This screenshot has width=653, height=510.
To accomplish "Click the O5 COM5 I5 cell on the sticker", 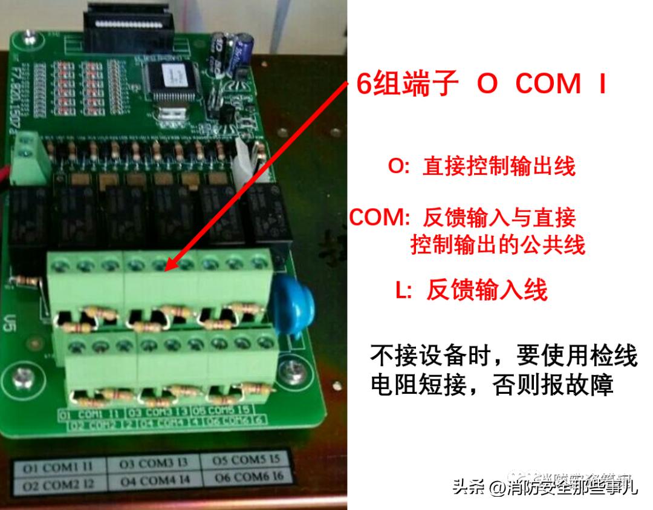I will tap(246, 460).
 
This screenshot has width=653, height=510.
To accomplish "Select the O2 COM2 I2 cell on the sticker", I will tap(59, 485).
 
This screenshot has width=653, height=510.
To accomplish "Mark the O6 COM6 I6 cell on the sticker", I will tap(248, 477).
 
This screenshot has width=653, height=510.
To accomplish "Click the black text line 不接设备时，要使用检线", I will tap(504, 356).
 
